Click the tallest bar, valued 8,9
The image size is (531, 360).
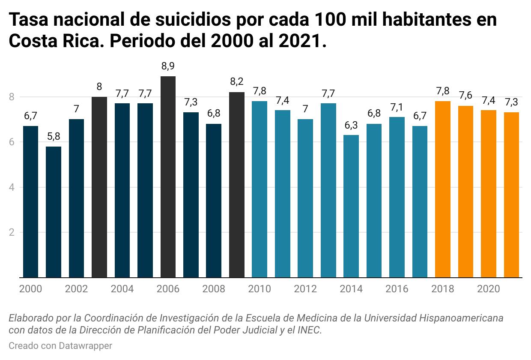coord(168,177)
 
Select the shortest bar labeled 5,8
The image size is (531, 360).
coord(54,212)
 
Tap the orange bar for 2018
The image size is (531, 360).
coord(443,189)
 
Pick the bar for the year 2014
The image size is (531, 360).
coord(351,206)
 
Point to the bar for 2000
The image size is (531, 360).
coord(30,202)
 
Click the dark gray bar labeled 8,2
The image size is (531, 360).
coord(237,185)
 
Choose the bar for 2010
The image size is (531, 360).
coord(260,189)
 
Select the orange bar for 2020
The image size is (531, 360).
coord(489,194)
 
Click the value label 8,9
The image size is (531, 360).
coord(168,66)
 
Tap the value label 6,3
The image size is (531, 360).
coord(351,125)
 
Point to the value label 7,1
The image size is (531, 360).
coord(397,107)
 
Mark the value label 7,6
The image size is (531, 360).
coord(465,96)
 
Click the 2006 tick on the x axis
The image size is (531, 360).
coord(168,289)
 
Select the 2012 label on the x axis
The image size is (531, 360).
coord(305,289)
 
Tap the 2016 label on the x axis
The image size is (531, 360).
coord(397,289)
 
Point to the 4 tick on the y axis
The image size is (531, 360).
coord(12,187)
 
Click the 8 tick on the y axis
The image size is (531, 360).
coord(12,97)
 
